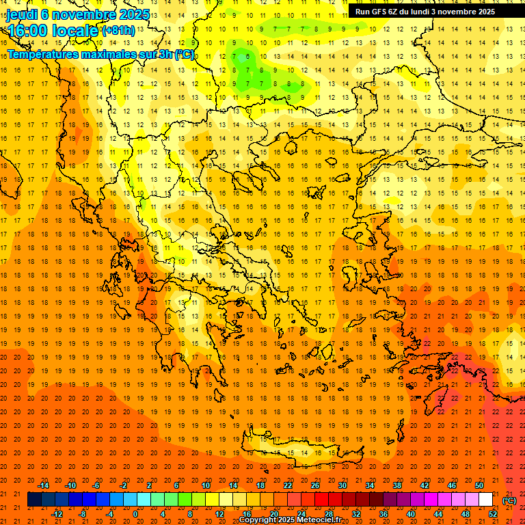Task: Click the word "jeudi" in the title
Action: [21, 15]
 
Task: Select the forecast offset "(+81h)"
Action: [118, 31]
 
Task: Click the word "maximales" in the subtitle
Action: [108, 54]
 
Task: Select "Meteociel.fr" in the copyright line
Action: [323, 520]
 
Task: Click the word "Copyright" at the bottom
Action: [257, 520]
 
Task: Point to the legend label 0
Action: [135, 514]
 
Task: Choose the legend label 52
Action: [493, 514]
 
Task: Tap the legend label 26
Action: [314, 485]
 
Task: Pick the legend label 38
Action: [396, 485]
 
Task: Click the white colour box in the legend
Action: [485, 500]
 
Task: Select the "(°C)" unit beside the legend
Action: [509, 500]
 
